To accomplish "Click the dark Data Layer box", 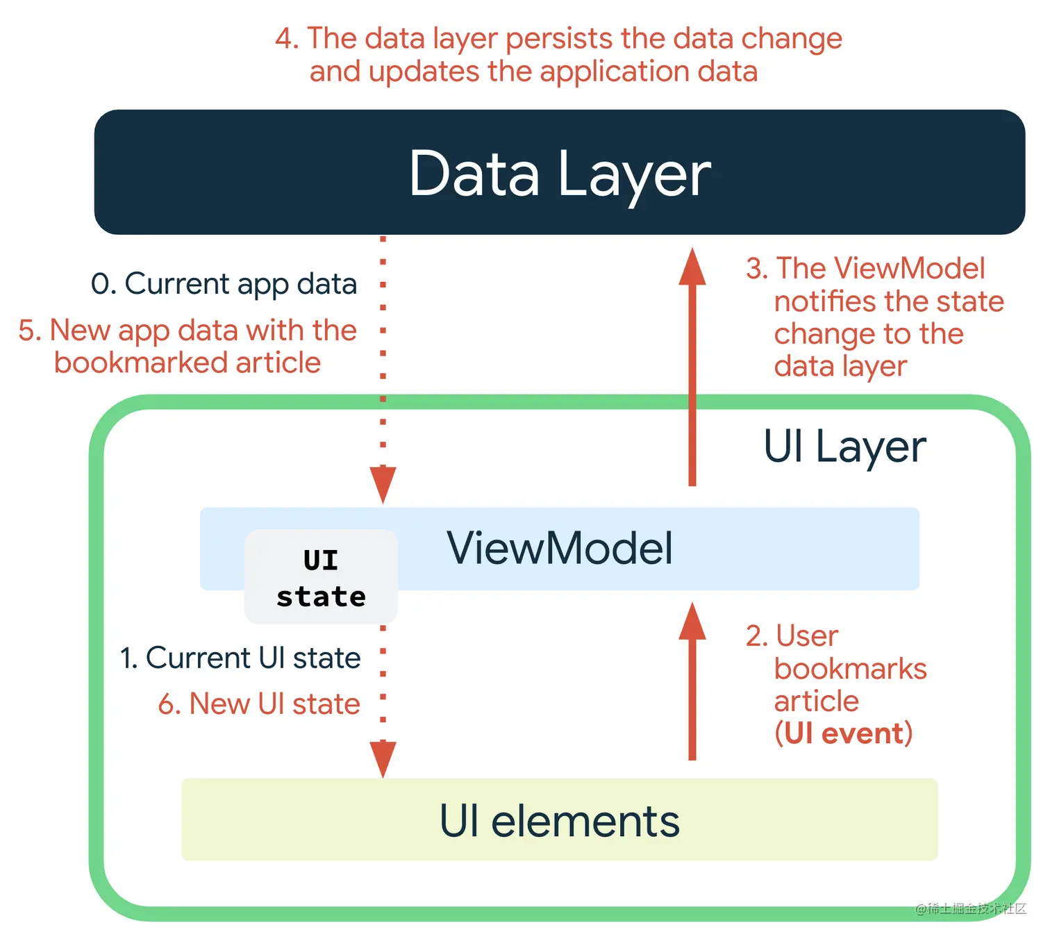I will tap(559, 172).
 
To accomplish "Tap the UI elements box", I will tap(559, 820).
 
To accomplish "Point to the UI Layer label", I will tap(844, 446).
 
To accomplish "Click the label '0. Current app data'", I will tap(224, 284).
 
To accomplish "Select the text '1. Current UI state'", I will tap(240, 658).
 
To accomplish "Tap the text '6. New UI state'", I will tap(259, 704).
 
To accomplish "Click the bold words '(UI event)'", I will tap(843, 733).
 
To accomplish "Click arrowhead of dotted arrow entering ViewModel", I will tap(383, 484).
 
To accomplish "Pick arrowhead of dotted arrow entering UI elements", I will tap(383, 758).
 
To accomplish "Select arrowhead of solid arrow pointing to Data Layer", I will tap(692, 267).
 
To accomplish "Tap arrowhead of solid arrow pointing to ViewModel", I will tap(692, 621).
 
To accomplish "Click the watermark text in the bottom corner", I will tap(970, 908).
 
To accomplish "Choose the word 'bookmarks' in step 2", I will tap(850, 669).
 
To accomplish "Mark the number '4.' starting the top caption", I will tap(287, 39).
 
